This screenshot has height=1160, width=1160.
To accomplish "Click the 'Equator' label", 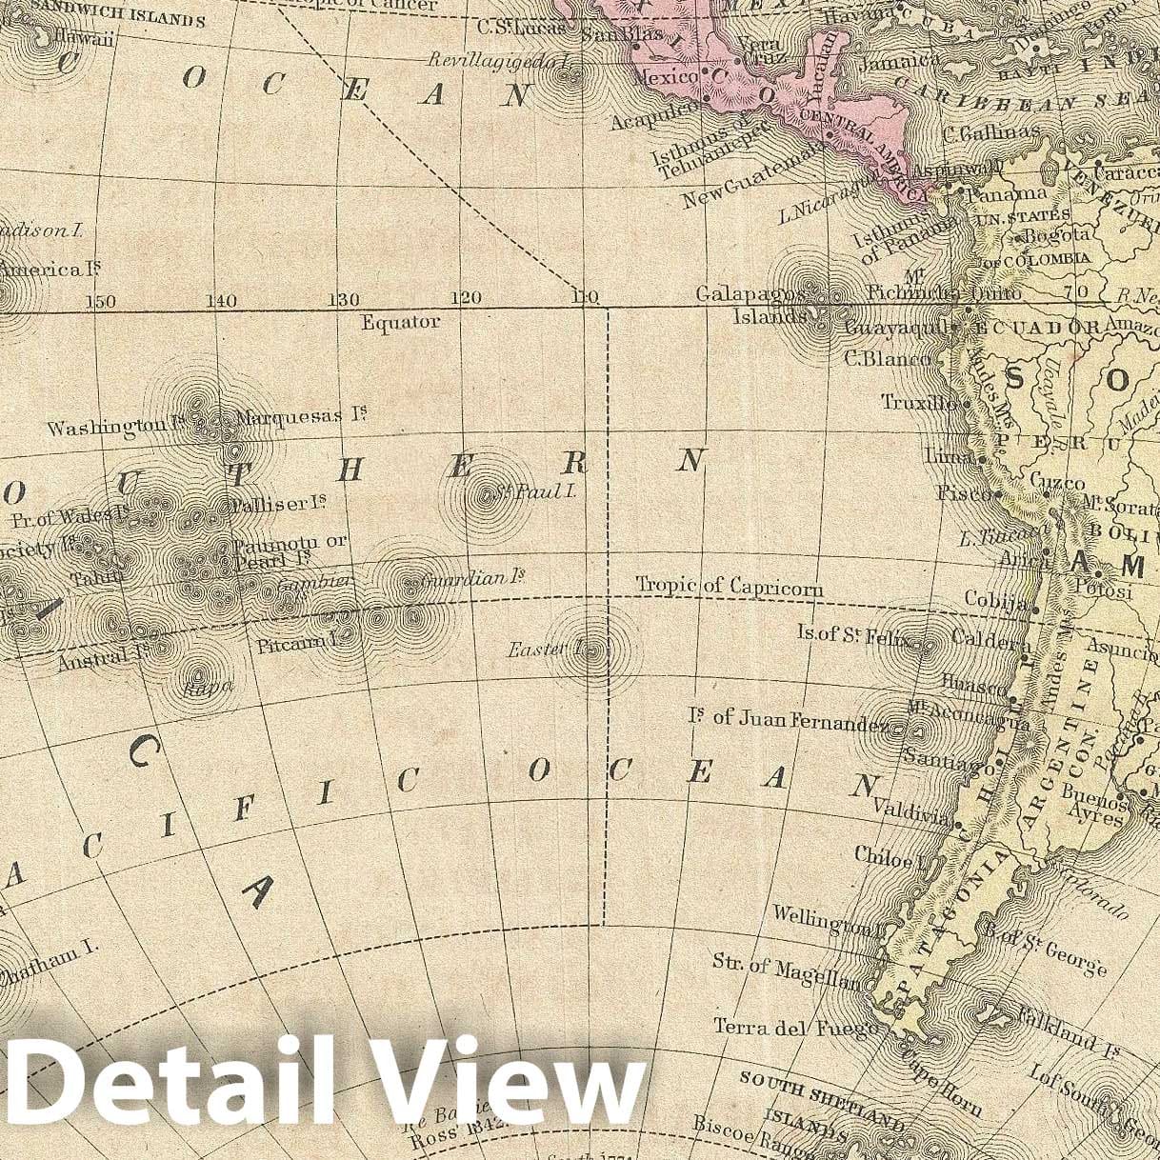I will (x=400, y=323).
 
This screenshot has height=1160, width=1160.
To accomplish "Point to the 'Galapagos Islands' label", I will (x=752, y=304).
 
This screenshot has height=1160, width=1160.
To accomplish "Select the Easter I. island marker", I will (x=593, y=652).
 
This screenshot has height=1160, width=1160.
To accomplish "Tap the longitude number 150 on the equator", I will (x=100, y=302).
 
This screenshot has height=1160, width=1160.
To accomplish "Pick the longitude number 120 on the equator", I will (x=466, y=298).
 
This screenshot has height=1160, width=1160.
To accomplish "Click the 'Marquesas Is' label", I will (x=301, y=416).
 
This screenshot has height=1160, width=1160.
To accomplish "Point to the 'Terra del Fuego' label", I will (x=784, y=1028).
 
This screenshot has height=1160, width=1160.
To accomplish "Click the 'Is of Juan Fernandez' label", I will (x=789, y=719).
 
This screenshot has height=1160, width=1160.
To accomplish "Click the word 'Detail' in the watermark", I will (x=162, y=1084).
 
